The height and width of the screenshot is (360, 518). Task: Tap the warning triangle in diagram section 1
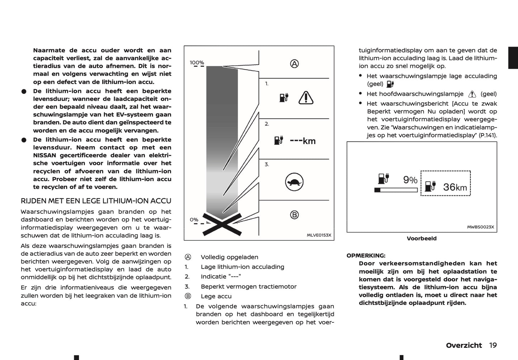(306, 98)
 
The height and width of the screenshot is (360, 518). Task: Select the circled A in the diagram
(294, 64)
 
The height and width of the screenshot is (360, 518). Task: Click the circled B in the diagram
(294, 215)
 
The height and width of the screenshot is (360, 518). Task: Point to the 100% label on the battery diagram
(197, 63)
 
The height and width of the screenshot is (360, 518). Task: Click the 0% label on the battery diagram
(194, 219)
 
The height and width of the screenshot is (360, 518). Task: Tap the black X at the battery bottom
(222, 224)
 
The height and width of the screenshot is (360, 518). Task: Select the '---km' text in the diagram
(303, 141)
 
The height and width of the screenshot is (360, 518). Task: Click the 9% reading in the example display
(410, 180)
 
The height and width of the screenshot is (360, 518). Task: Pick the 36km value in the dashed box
(455, 187)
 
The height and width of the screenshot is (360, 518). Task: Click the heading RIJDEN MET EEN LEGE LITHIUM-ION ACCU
(96, 201)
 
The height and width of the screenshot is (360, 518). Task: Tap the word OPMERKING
(366, 256)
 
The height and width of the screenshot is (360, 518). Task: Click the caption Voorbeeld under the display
(422, 238)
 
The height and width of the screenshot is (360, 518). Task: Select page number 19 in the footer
(493, 345)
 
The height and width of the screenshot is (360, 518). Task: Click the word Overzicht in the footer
(464, 345)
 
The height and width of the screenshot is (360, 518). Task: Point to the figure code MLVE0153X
(319, 235)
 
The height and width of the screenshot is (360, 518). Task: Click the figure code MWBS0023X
(480, 227)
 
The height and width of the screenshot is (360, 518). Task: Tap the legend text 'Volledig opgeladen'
(229, 257)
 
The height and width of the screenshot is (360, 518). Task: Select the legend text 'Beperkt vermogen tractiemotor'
(249, 286)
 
